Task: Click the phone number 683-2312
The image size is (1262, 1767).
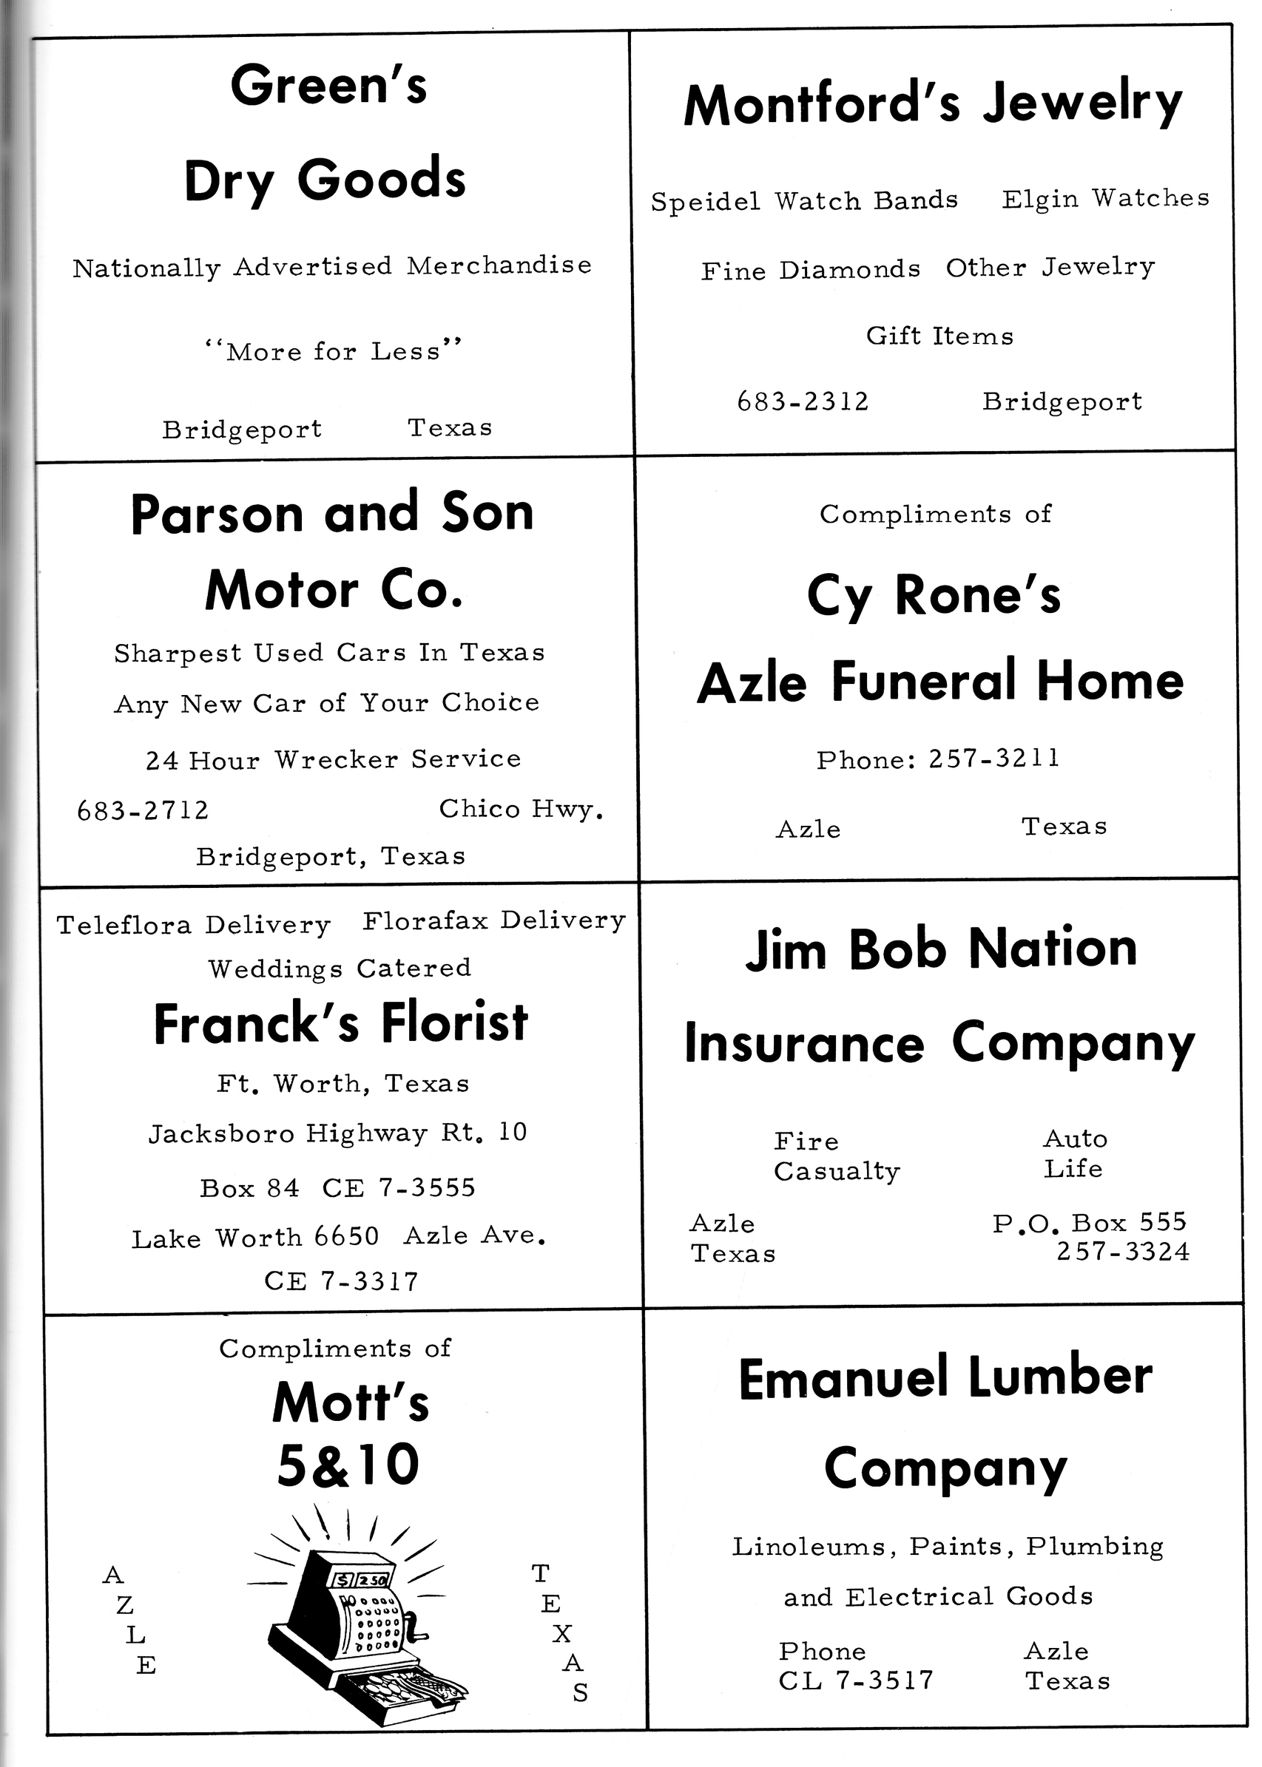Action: [x=803, y=401]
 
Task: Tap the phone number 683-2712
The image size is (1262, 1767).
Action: [x=143, y=811]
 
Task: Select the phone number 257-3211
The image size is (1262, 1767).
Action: [x=994, y=758]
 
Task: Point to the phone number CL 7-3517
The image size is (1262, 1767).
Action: [x=856, y=1680]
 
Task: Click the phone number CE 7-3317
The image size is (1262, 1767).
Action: [x=341, y=1281]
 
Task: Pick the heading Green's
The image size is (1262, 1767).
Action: [x=328, y=86]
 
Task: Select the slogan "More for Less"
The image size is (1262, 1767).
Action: [x=334, y=351]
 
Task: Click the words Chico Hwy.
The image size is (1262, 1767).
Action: [x=521, y=810]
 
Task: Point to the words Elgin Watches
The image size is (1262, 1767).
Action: [x=1105, y=199]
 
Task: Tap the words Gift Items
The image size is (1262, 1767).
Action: [x=939, y=336]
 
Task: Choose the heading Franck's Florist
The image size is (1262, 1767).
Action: [x=340, y=1023]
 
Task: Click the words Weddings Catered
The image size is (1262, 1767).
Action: [x=340, y=969]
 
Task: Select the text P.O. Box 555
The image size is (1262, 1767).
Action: [x=1090, y=1224]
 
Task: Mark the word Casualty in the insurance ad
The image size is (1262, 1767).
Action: [x=836, y=1171]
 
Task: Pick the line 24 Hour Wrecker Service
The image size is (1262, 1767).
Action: [x=334, y=759]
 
